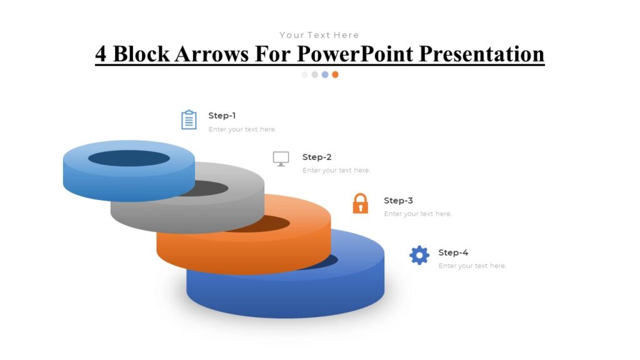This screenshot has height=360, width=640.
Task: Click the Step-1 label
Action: (x=222, y=116)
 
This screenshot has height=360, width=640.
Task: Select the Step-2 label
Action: (x=317, y=157)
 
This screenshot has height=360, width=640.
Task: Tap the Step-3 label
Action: (x=398, y=201)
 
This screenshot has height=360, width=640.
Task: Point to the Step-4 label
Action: (x=453, y=252)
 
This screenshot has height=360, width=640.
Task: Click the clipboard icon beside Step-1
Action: (x=189, y=120)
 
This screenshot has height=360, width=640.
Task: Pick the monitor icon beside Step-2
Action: (x=281, y=159)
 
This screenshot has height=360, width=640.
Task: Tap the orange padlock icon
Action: (x=361, y=204)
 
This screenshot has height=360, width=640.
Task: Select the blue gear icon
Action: (x=419, y=255)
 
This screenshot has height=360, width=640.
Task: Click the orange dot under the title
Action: (x=335, y=74)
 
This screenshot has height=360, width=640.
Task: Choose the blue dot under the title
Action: (x=325, y=74)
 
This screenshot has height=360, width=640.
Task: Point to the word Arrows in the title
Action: (x=212, y=54)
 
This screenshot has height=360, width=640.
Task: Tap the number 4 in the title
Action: (x=101, y=54)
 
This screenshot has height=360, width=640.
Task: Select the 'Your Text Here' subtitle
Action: (x=319, y=35)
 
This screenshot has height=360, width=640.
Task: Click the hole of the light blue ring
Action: (x=129, y=158)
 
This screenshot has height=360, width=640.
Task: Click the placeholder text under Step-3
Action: (x=417, y=214)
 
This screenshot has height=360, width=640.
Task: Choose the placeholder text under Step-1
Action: (x=242, y=129)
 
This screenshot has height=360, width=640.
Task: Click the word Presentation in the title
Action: (x=481, y=54)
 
